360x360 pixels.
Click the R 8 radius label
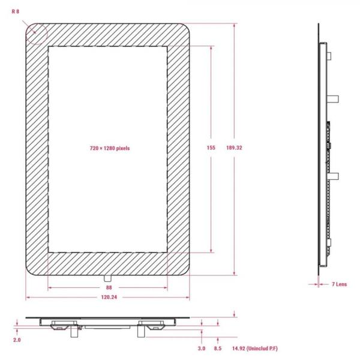pyautogui.click(x=16, y=11)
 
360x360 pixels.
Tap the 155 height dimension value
pyautogui.click(x=211, y=148)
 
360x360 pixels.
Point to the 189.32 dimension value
pyautogui.click(x=234, y=148)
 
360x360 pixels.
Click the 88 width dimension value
pyautogui.click(x=109, y=287)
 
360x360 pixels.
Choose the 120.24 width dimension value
pyautogui.click(x=109, y=298)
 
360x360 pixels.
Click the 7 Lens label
pyautogui.click(x=340, y=284)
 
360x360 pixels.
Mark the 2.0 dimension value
pyautogui.click(x=17, y=340)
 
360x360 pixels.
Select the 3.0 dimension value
pyautogui.click(x=202, y=349)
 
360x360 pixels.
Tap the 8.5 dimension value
pyautogui.click(x=218, y=349)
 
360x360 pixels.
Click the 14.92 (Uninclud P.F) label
pyautogui.click(x=255, y=349)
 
